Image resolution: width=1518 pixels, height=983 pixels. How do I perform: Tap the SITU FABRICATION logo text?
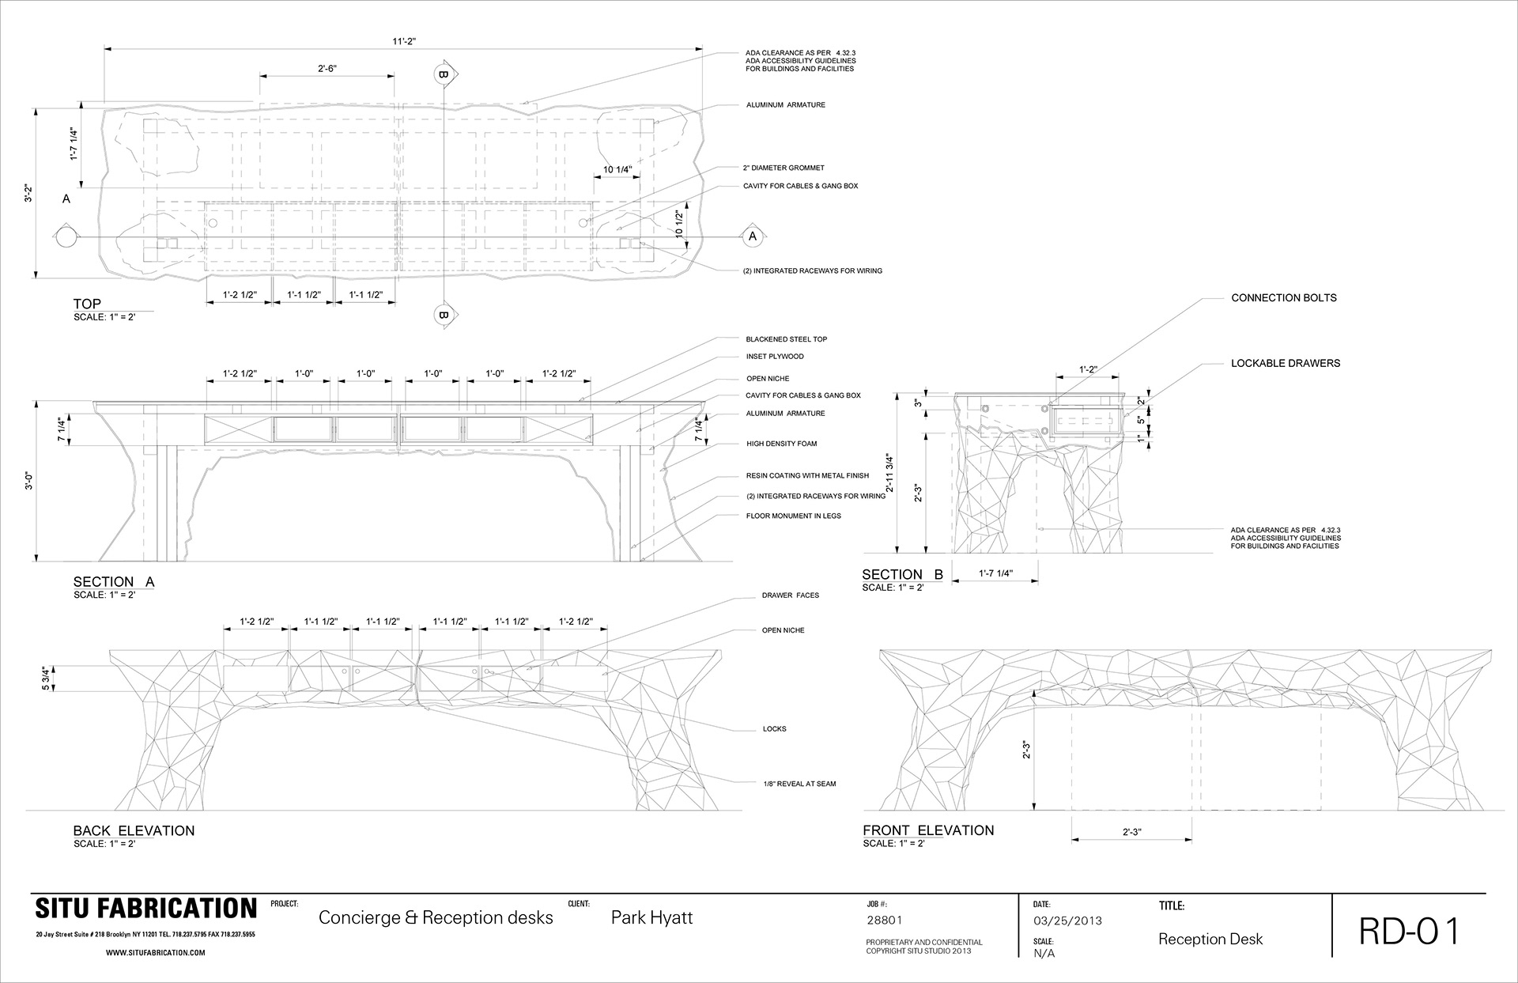click(145, 909)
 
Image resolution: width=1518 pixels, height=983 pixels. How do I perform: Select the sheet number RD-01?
click(1409, 931)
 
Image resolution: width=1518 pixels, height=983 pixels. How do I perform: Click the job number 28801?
click(885, 921)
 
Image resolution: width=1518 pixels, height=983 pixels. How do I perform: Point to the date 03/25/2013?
click(1067, 921)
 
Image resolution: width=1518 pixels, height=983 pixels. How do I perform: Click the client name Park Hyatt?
click(651, 917)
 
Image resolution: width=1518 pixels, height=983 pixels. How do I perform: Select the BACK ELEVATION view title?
click(134, 830)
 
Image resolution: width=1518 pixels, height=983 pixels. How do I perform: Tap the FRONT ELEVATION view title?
click(928, 830)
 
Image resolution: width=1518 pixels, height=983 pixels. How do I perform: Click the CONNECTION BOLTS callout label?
click(1284, 298)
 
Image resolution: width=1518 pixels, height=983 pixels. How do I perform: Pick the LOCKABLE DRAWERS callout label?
click(1286, 364)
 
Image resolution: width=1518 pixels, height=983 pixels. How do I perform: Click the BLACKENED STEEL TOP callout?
click(786, 339)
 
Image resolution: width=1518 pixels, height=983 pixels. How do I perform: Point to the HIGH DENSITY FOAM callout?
click(781, 444)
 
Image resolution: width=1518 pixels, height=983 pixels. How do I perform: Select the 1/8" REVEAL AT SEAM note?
click(799, 784)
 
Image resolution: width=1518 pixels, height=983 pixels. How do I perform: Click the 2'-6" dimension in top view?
click(327, 69)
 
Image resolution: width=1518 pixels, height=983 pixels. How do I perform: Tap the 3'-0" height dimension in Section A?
click(30, 482)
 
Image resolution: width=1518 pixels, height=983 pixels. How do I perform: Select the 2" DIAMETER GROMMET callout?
click(784, 168)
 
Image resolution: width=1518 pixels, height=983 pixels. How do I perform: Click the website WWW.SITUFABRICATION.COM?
click(155, 953)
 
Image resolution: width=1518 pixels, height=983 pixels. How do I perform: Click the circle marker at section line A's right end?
click(752, 236)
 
